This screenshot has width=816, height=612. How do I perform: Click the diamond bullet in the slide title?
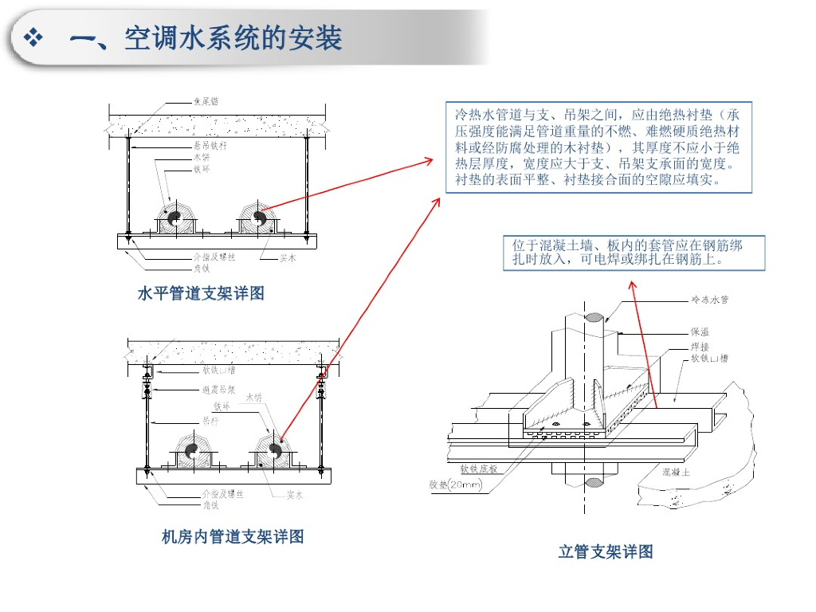33,37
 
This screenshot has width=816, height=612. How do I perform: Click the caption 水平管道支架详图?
201,294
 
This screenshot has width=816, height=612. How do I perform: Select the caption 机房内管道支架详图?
233,537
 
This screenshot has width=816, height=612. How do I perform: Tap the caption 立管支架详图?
606,551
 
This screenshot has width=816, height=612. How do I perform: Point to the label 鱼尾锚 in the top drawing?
206,101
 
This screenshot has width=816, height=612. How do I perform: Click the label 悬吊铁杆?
210,146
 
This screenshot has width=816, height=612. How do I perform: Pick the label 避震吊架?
218,390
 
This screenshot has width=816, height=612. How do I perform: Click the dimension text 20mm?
465,484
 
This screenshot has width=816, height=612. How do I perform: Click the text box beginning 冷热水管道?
598,147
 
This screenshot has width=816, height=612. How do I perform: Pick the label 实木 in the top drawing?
288,257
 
